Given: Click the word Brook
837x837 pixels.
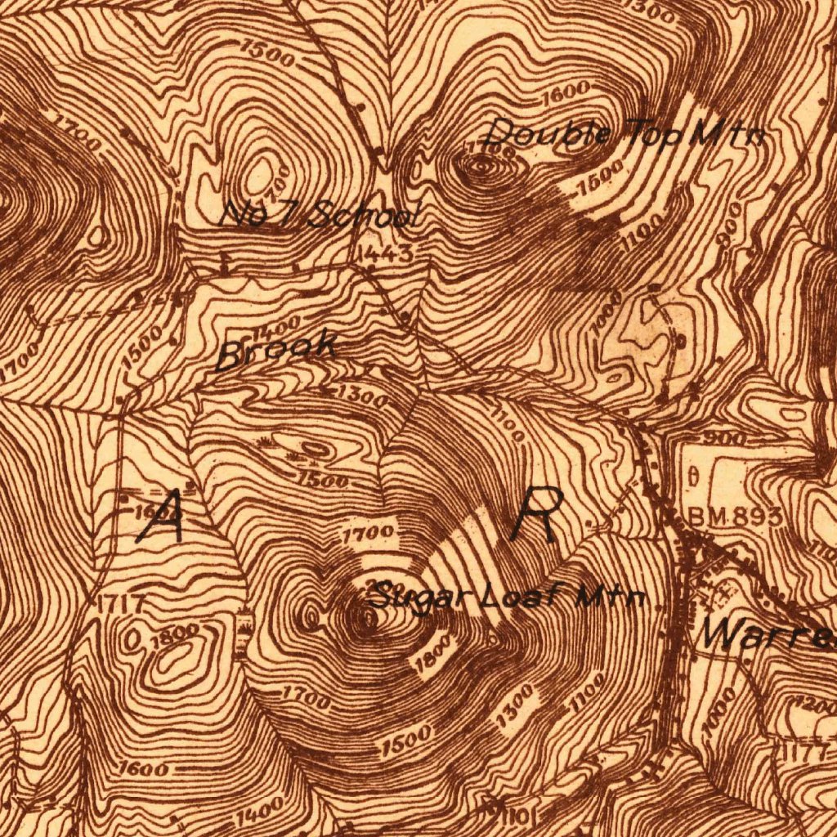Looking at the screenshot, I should [276, 350].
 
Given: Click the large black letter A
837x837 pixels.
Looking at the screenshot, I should [163, 516].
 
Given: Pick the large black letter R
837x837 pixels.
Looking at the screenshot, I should [535, 514].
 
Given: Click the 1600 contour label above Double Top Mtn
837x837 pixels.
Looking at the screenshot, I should [564, 91].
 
